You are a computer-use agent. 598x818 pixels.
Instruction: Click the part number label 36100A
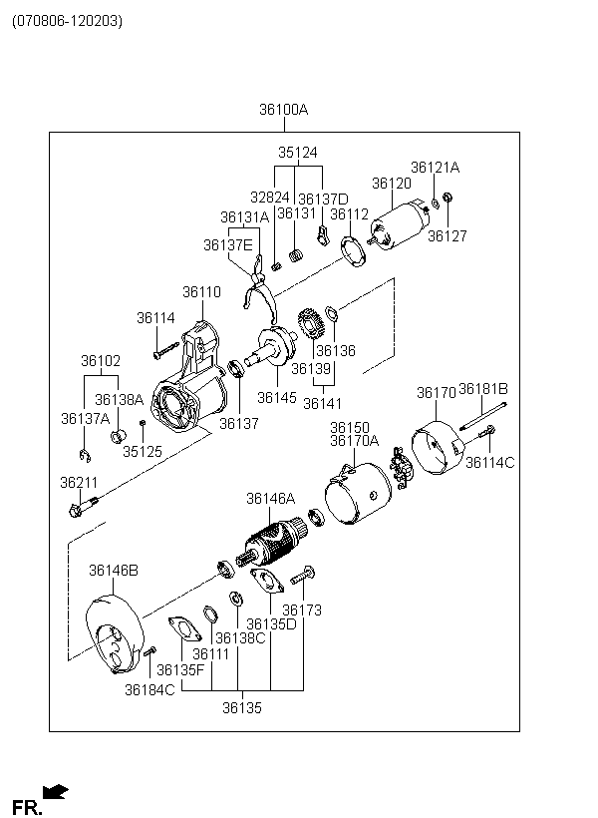tap(284, 110)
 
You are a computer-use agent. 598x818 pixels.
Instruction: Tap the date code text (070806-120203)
tap(67, 21)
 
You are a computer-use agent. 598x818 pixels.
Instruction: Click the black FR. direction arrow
tap(55, 792)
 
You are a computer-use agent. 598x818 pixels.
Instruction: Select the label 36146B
tap(114, 571)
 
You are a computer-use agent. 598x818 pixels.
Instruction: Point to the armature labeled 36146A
tap(271, 544)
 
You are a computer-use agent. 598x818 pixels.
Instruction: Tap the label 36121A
tap(435, 168)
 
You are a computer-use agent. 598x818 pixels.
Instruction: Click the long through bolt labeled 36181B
tap(483, 417)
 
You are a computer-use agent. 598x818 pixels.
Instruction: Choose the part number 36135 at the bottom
tap(242, 708)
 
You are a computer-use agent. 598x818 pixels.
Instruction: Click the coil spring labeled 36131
tap(296, 255)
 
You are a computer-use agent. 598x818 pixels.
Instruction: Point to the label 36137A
tap(85, 418)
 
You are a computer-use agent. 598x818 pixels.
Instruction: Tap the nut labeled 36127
tap(447, 198)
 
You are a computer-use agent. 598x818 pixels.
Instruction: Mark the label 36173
tap(302, 610)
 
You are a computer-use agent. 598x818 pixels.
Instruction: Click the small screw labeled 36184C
tap(149, 651)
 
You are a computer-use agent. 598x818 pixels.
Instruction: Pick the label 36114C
tap(489, 462)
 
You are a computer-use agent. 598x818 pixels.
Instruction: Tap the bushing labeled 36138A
tap(119, 435)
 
